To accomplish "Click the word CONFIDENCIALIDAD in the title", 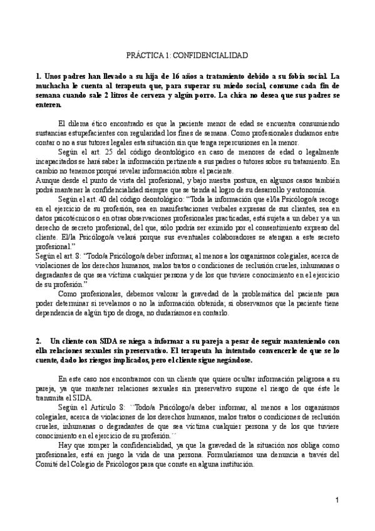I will (x=217, y=55).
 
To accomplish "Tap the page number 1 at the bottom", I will (x=337, y=500).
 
